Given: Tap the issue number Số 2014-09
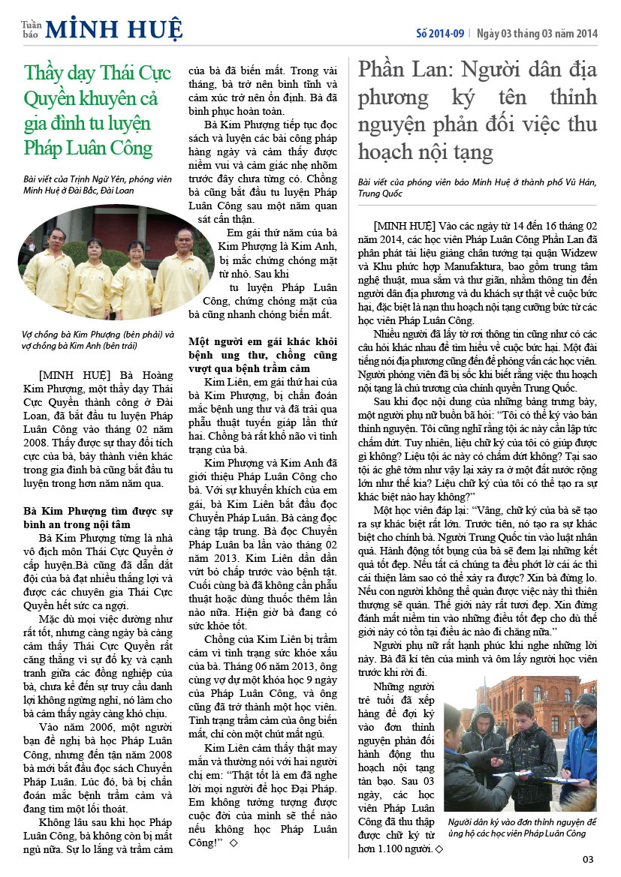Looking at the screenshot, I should [x=440, y=34].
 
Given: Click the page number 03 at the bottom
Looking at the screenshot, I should [x=588, y=860].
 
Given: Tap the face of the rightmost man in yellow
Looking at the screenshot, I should [x=184, y=239].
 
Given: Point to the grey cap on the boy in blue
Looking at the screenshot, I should [x=584, y=702].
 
